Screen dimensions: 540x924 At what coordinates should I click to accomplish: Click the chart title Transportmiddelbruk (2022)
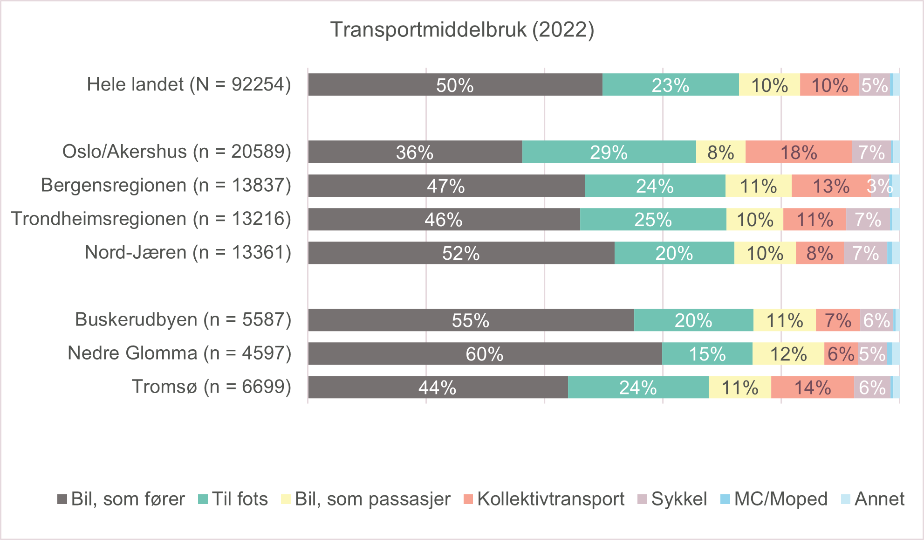(462, 30)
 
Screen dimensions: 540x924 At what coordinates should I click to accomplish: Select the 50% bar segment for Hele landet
(455, 85)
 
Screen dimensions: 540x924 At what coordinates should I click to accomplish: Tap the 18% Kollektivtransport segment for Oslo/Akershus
(798, 152)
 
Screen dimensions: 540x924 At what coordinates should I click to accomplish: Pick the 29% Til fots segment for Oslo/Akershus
(609, 152)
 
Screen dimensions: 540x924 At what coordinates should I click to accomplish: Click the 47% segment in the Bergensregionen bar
(446, 186)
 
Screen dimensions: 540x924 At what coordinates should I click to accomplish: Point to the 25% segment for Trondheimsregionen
(653, 219)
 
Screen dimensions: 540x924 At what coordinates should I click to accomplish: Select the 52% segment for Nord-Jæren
(461, 253)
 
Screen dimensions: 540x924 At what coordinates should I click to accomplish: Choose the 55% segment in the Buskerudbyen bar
(471, 320)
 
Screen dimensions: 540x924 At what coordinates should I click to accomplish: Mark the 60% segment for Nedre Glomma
(485, 353)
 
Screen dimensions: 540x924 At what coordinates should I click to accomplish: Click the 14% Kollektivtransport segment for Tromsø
(812, 387)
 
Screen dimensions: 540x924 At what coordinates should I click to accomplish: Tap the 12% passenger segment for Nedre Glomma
(788, 353)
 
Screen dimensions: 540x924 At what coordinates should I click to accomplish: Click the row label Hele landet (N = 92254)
(189, 84)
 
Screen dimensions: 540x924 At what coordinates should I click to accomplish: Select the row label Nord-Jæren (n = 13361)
(188, 252)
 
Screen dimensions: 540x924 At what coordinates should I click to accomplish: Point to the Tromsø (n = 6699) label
(212, 387)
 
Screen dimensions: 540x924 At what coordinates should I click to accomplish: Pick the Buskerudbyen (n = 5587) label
(183, 319)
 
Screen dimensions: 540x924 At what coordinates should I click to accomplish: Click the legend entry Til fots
(233, 499)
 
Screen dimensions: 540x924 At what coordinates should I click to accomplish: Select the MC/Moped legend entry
(774, 499)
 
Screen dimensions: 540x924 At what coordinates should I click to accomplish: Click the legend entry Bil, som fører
(121, 499)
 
